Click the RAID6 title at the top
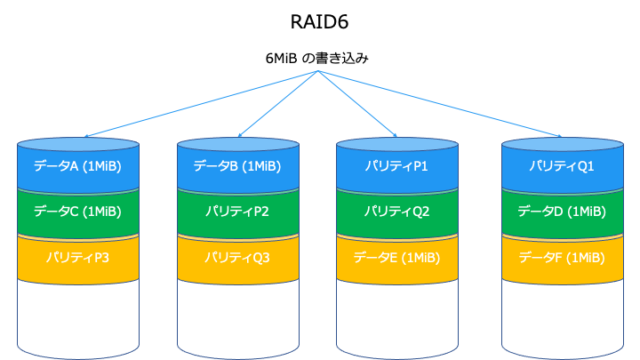click(320, 21)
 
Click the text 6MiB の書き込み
click(320, 59)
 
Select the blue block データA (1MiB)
click(77, 166)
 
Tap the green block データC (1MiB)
click(77, 211)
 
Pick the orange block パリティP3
click(77, 258)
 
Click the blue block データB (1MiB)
click(237, 166)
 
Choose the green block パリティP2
click(237, 211)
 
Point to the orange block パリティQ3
click(237, 258)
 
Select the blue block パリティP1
click(396, 166)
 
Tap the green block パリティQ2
click(396, 211)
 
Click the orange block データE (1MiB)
click(396, 258)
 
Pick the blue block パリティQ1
click(561, 166)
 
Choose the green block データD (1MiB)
click(561, 211)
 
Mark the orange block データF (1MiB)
click(561, 258)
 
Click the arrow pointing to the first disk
click(190, 105)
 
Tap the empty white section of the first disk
click(77, 315)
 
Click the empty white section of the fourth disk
click(561, 315)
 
